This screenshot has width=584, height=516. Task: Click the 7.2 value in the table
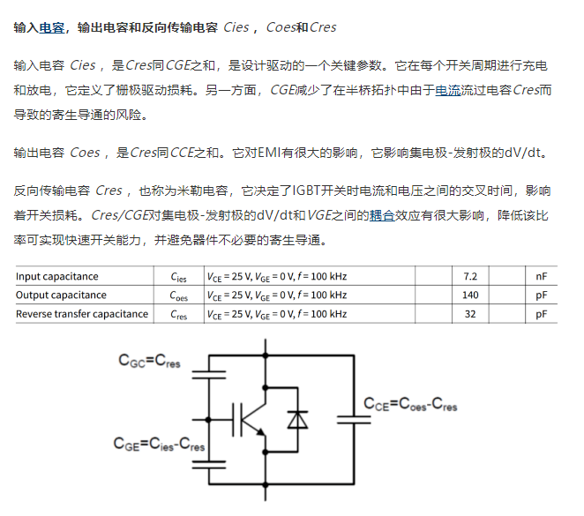[470, 276]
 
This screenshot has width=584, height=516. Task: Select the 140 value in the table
[470, 295]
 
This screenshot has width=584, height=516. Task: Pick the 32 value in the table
[470, 313]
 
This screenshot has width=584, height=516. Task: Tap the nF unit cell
[541, 276]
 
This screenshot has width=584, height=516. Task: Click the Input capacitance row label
[57, 276]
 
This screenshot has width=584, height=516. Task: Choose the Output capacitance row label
[61, 295]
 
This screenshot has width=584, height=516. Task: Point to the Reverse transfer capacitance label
[82, 313]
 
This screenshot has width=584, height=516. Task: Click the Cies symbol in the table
[179, 277]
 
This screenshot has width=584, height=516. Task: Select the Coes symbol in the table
[179, 295]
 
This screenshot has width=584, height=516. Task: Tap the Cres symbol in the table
[179, 314]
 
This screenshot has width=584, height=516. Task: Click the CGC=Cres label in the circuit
[150, 360]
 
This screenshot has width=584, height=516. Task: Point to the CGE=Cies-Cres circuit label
[159, 444]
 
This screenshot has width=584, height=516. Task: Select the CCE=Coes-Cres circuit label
[410, 404]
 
